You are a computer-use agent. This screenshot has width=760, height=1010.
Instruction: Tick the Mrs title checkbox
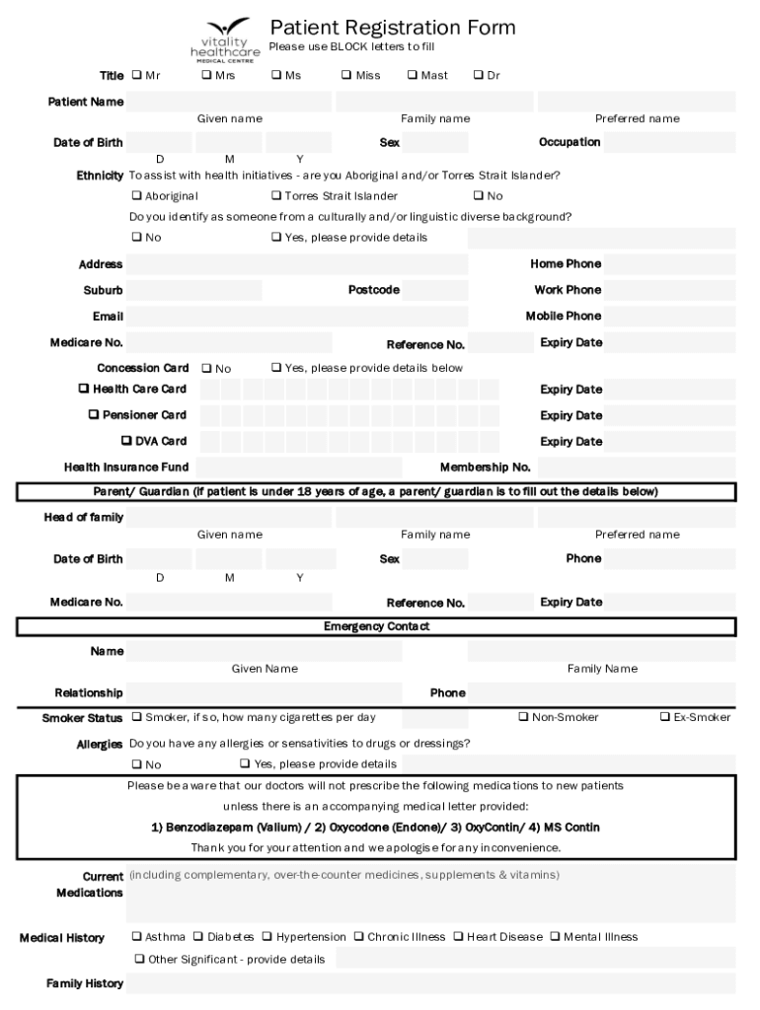207,75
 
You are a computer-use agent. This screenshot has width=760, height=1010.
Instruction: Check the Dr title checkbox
479,75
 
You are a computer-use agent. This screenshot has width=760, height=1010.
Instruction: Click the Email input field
297,317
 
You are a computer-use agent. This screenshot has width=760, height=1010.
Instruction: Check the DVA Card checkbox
126,441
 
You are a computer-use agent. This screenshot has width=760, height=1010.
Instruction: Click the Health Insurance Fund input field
298,467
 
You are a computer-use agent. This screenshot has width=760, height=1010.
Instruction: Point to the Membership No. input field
636,467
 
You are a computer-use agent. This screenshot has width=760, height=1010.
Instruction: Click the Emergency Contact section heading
376,626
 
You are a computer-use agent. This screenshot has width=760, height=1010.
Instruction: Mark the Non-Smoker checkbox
523,717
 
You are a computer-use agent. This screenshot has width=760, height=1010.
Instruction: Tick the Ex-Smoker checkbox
664,717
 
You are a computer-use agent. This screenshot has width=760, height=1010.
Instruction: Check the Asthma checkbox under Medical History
136,936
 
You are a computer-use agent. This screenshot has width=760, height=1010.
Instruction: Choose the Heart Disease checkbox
458,936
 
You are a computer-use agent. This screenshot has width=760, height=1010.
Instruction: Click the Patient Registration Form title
392,27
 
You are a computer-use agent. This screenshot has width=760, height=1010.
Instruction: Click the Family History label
85,983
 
